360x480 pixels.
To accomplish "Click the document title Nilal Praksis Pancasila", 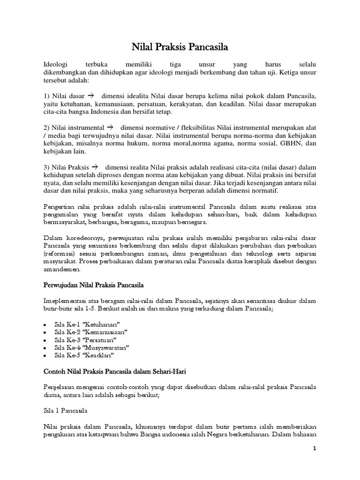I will [180, 47].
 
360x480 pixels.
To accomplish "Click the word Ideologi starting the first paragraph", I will [56, 63].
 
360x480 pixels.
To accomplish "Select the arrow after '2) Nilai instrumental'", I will [111, 127].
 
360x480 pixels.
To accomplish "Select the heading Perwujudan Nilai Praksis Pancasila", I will [93, 285].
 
